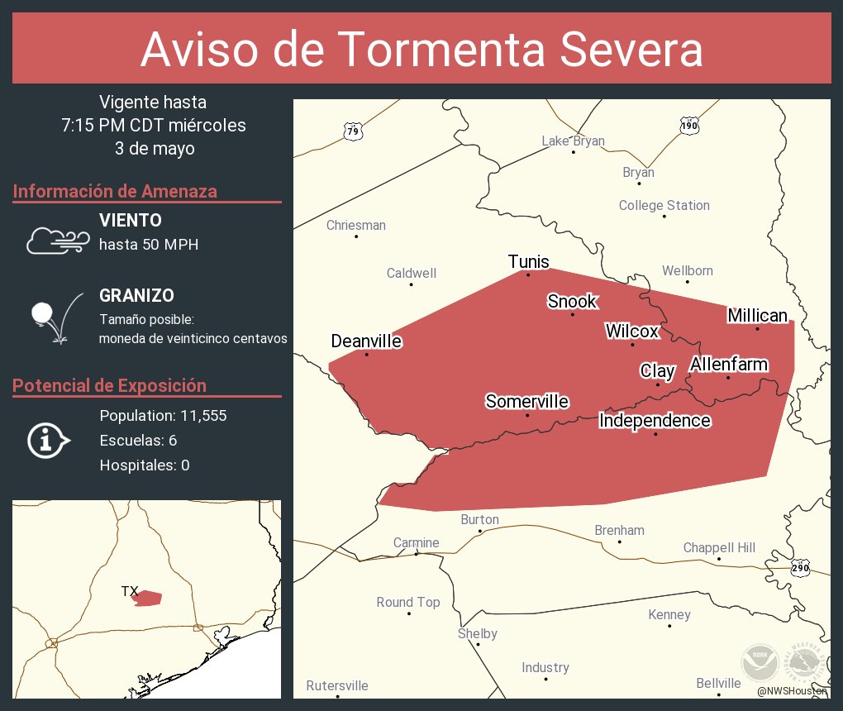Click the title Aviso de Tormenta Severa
(x=421, y=50)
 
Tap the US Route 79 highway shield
(x=353, y=131)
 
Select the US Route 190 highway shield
(x=690, y=126)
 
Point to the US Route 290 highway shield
(x=800, y=568)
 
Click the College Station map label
(x=664, y=205)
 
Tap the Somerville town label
(x=526, y=402)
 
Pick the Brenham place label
(x=619, y=530)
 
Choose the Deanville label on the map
(x=366, y=341)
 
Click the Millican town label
(x=757, y=316)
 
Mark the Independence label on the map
(x=655, y=421)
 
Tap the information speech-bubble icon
(x=49, y=440)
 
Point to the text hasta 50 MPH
(x=149, y=245)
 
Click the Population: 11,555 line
(x=163, y=415)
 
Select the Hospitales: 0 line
(x=145, y=465)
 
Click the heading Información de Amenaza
(x=115, y=191)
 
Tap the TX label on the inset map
(x=130, y=591)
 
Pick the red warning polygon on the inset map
(x=149, y=598)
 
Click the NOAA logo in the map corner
(x=760, y=662)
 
